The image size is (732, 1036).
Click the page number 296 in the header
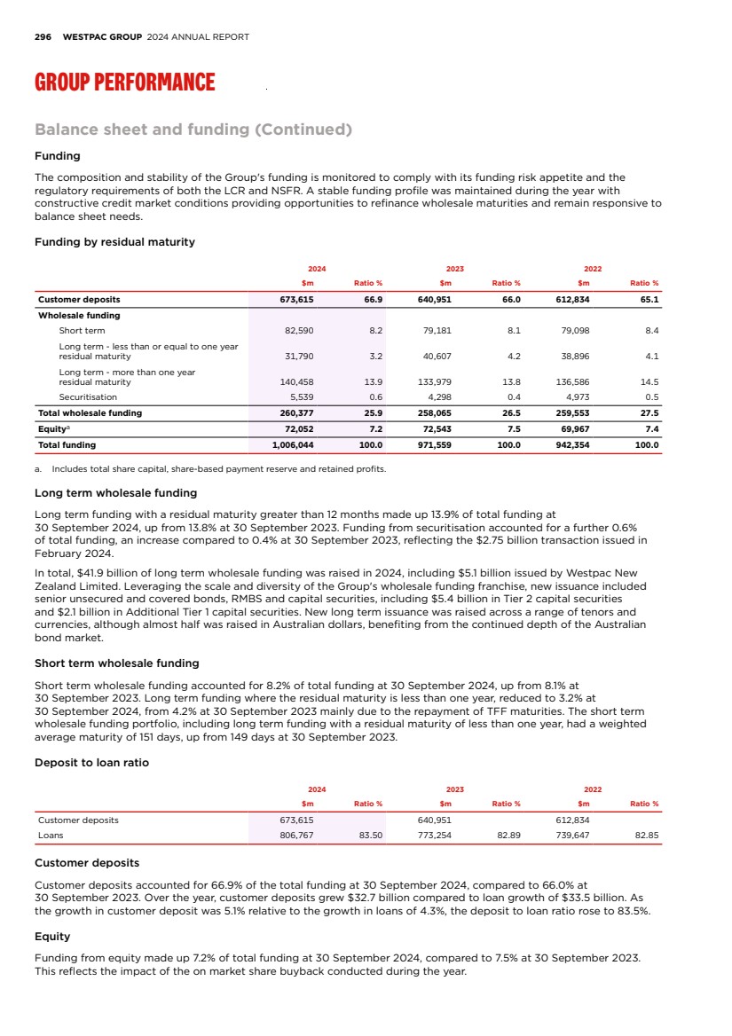43,37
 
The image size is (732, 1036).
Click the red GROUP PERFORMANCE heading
124,83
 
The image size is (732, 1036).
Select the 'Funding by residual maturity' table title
114,242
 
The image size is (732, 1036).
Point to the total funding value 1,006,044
300,444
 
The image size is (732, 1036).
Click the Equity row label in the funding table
51,429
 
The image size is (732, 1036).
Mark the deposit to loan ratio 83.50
370,835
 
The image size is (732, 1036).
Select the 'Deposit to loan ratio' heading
91,763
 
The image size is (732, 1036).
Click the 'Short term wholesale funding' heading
116,663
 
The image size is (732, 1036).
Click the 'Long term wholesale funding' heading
115,493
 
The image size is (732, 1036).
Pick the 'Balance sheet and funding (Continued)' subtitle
193,130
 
